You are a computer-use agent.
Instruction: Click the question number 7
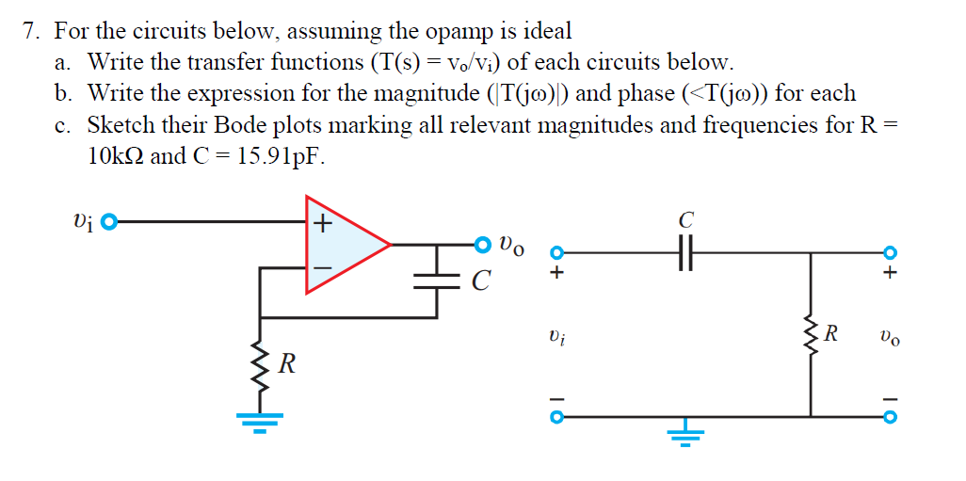click(x=31, y=31)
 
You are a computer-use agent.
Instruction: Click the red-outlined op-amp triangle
click(x=345, y=244)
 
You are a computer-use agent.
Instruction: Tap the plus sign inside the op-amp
click(x=323, y=224)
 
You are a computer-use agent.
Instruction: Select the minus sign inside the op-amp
click(x=323, y=267)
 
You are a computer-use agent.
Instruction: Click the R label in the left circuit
click(x=286, y=364)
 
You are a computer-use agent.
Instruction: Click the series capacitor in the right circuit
click(x=685, y=252)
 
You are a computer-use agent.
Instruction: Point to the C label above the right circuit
click(x=685, y=221)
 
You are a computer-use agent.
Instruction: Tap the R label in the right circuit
click(x=831, y=332)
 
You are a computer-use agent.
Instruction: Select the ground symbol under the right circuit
click(x=685, y=434)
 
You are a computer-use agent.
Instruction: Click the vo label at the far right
click(x=890, y=335)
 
